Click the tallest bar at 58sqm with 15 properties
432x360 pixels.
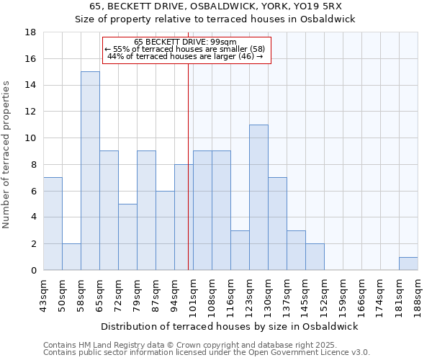point(90,171)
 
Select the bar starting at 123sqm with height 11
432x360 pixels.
point(258,197)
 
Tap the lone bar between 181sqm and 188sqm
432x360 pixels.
point(408,264)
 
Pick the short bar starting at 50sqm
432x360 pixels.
point(71,257)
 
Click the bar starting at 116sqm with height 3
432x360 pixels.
point(240,251)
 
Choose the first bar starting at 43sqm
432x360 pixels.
point(53,224)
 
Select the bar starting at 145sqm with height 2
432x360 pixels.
point(315,257)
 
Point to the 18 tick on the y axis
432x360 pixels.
point(30,32)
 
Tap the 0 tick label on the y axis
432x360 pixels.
point(33,270)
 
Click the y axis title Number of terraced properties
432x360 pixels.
point(7,154)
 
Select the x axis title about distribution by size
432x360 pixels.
point(229,326)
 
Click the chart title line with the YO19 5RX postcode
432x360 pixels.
point(216,6)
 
